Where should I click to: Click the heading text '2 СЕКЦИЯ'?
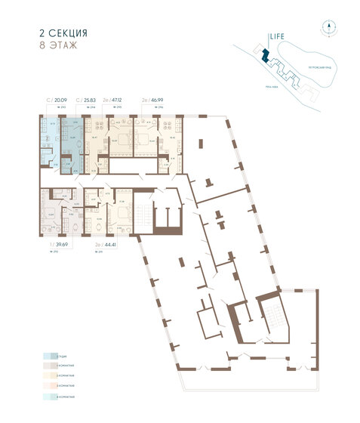[63, 33]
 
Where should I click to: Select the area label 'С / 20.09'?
[57, 98]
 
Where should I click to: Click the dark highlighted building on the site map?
[264, 55]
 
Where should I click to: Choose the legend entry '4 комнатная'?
[62, 396]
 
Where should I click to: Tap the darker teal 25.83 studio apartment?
[72, 140]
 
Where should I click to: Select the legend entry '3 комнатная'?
[62, 385]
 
